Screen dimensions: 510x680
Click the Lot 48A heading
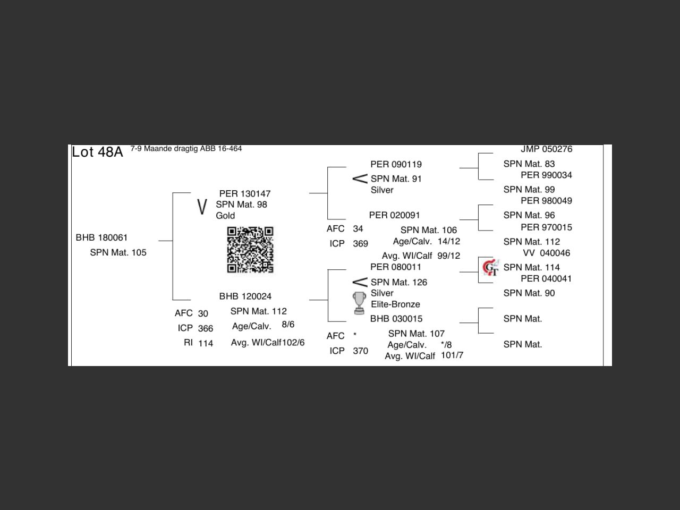97,152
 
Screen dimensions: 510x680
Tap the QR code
250,250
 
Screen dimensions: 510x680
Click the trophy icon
360,303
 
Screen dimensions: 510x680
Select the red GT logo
490,267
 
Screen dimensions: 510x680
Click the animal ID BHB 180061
101,237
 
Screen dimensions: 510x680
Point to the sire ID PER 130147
245,193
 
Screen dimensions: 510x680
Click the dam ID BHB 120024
245,296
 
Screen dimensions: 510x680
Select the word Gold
225,216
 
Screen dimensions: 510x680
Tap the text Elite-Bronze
395,304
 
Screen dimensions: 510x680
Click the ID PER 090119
396,164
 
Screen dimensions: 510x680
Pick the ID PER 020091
395,215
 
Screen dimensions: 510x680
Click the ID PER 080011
396,267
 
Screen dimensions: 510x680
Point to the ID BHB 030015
396,319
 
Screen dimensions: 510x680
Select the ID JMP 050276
546,149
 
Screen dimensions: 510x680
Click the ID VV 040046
546,253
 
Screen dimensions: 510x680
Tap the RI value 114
206,343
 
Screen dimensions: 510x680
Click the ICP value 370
360,351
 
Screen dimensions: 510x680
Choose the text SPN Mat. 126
399,282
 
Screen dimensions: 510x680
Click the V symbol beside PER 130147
201,207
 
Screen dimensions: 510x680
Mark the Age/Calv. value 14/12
449,241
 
